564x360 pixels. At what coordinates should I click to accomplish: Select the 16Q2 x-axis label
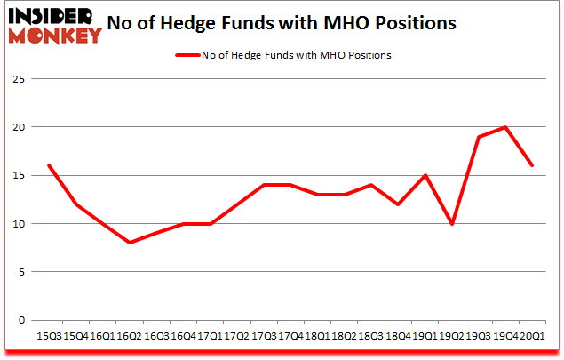click(131, 336)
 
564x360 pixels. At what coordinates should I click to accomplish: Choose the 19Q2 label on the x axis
click(453, 336)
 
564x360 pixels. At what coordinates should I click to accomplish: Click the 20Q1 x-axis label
click(532, 336)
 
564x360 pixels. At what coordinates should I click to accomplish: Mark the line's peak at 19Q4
click(505, 127)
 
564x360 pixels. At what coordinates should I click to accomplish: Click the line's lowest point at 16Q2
click(131, 243)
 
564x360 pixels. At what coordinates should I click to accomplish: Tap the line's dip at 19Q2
click(453, 223)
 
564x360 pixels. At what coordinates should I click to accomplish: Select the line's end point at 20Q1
click(532, 165)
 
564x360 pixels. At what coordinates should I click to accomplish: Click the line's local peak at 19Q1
click(427, 175)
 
